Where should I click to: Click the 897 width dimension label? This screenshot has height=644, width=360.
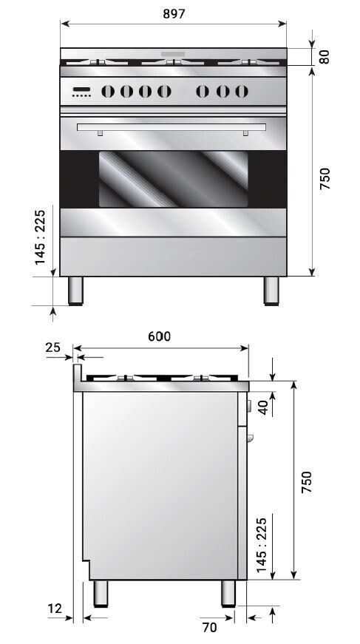coord(174,14)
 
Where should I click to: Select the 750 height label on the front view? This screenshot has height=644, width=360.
coord(325,180)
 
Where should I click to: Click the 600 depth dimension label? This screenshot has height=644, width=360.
coord(159,336)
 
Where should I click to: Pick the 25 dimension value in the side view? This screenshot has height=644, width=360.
coord(52,347)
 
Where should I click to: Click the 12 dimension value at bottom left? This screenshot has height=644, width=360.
coord(54,608)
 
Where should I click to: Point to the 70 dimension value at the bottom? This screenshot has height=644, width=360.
coord(209,628)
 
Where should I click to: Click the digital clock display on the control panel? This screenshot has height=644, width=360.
coord(81,91)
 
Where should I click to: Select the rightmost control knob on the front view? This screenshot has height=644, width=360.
coord(241,92)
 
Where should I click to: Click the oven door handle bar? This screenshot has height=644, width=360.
coord(172,130)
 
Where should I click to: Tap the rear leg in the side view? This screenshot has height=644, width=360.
coord(99,593)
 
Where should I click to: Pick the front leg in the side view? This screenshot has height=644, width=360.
coord(228,593)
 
